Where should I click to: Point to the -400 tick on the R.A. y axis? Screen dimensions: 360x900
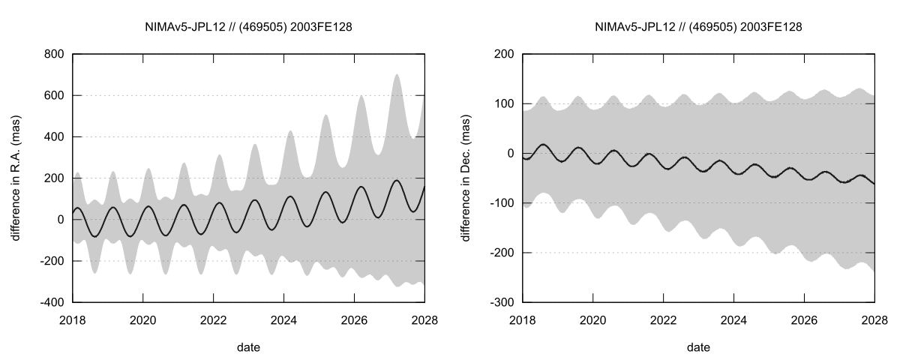click(x=52, y=302)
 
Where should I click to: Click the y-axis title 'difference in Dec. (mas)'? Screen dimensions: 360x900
click(x=466, y=178)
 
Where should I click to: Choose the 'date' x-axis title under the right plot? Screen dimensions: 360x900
click(x=698, y=347)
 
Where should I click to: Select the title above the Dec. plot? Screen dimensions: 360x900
click(x=698, y=26)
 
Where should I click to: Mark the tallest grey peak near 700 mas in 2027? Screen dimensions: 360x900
click(x=397, y=75)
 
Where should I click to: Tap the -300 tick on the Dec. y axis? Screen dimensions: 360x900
click(x=502, y=302)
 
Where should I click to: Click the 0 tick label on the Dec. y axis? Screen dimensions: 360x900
click(x=510, y=153)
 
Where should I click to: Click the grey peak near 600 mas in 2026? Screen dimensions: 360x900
click(x=361, y=96)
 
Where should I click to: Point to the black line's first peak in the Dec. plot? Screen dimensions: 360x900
click(x=543, y=144)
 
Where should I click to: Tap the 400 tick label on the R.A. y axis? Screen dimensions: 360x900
click(x=55, y=137)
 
